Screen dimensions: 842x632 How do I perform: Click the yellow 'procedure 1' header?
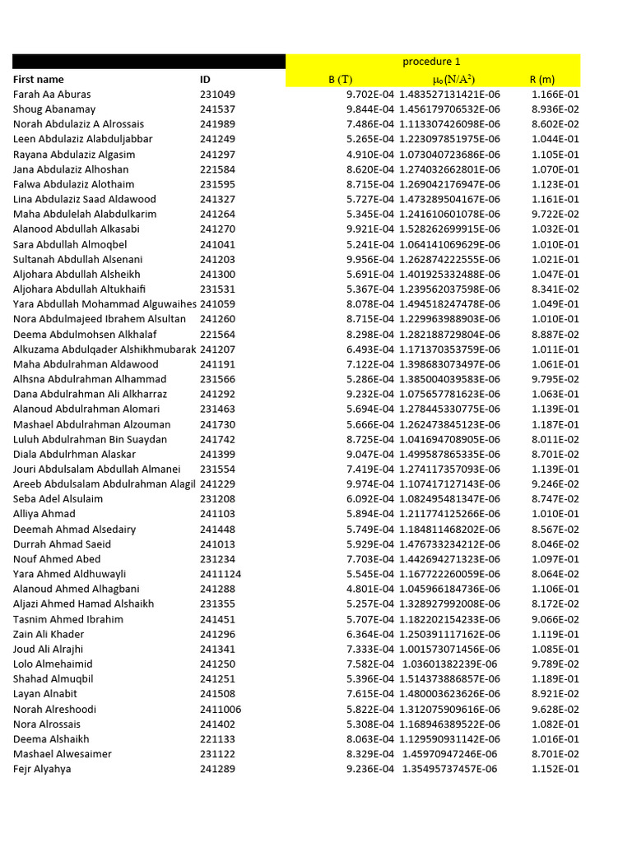click(x=432, y=62)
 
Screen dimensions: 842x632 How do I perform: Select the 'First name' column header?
click(x=38, y=80)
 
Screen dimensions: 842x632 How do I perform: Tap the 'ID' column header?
click(x=205, y=80)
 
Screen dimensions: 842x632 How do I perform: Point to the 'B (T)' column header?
click(x=340, y=80)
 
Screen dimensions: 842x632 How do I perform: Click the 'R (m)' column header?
click(x=541, y=80)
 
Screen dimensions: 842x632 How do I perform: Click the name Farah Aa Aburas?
click(x=52, y=95)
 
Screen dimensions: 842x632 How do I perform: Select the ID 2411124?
click(x=221, y=574)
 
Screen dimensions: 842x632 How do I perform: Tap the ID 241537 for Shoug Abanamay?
click(x=217, y=109)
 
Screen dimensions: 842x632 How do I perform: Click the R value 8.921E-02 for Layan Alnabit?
click(x=555, y=694)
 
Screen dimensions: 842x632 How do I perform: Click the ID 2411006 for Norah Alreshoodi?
click(x=221, y=709)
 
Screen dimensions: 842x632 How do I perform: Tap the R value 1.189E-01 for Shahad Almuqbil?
click(x=555, y=679)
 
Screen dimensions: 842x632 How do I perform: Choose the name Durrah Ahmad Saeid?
click(x=63, y=544)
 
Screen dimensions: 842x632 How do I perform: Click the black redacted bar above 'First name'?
click(x=148, y=62)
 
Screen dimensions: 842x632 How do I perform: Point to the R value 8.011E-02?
click(x=555, y=439)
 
